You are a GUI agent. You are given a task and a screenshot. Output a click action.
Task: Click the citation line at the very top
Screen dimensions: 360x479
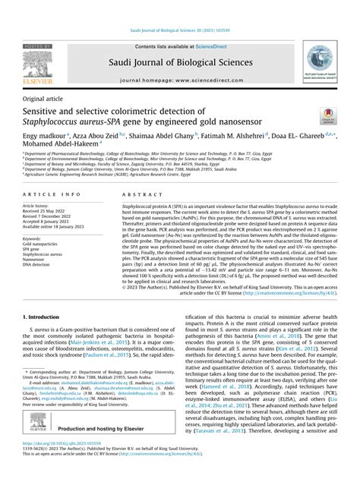click(179, 34)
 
